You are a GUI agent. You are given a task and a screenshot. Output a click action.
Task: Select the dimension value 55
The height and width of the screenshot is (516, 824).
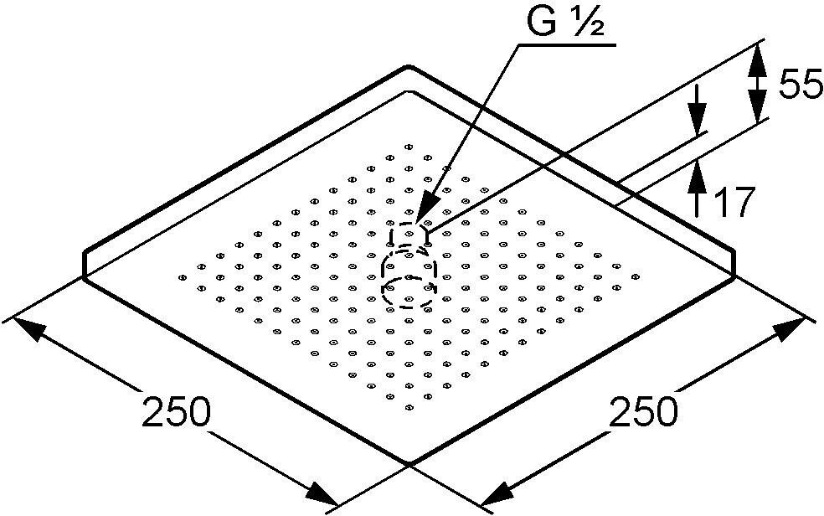tap(800, 85)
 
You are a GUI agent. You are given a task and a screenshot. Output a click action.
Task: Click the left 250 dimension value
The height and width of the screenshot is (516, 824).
tap(175, 413)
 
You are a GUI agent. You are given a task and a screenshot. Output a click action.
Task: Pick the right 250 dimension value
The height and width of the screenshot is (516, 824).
tap(641, 413)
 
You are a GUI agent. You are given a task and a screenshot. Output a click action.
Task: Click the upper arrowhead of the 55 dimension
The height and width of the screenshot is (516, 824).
tap(756, 55)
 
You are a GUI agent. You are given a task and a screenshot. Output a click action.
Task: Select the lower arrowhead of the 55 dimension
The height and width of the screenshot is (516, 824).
tap(756, 112)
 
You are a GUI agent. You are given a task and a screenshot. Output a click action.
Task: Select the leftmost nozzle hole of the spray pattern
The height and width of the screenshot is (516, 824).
tap(182, 276)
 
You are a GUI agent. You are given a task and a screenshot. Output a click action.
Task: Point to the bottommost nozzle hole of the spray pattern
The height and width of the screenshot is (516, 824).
tap(409, 408)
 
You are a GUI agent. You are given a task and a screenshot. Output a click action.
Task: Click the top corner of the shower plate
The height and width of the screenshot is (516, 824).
tap(409, 66)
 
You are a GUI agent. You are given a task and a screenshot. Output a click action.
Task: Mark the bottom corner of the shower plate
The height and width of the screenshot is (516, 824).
tap(409, 463)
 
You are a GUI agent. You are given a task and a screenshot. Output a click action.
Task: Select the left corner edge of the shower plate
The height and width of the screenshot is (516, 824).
tap(85, 264)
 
